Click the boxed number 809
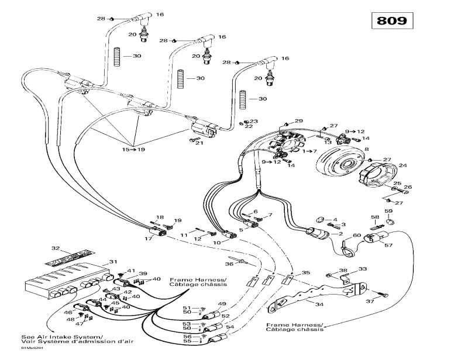[391, 20]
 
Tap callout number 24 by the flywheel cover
[402, 165]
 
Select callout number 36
[229, 264]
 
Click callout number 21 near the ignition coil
[199, 143]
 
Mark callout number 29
[299, 121]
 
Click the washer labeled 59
[390, 221]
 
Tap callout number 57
[388, 245]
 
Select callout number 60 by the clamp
[356, 236]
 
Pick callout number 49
[222, 304]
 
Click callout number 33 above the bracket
[363, 269]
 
